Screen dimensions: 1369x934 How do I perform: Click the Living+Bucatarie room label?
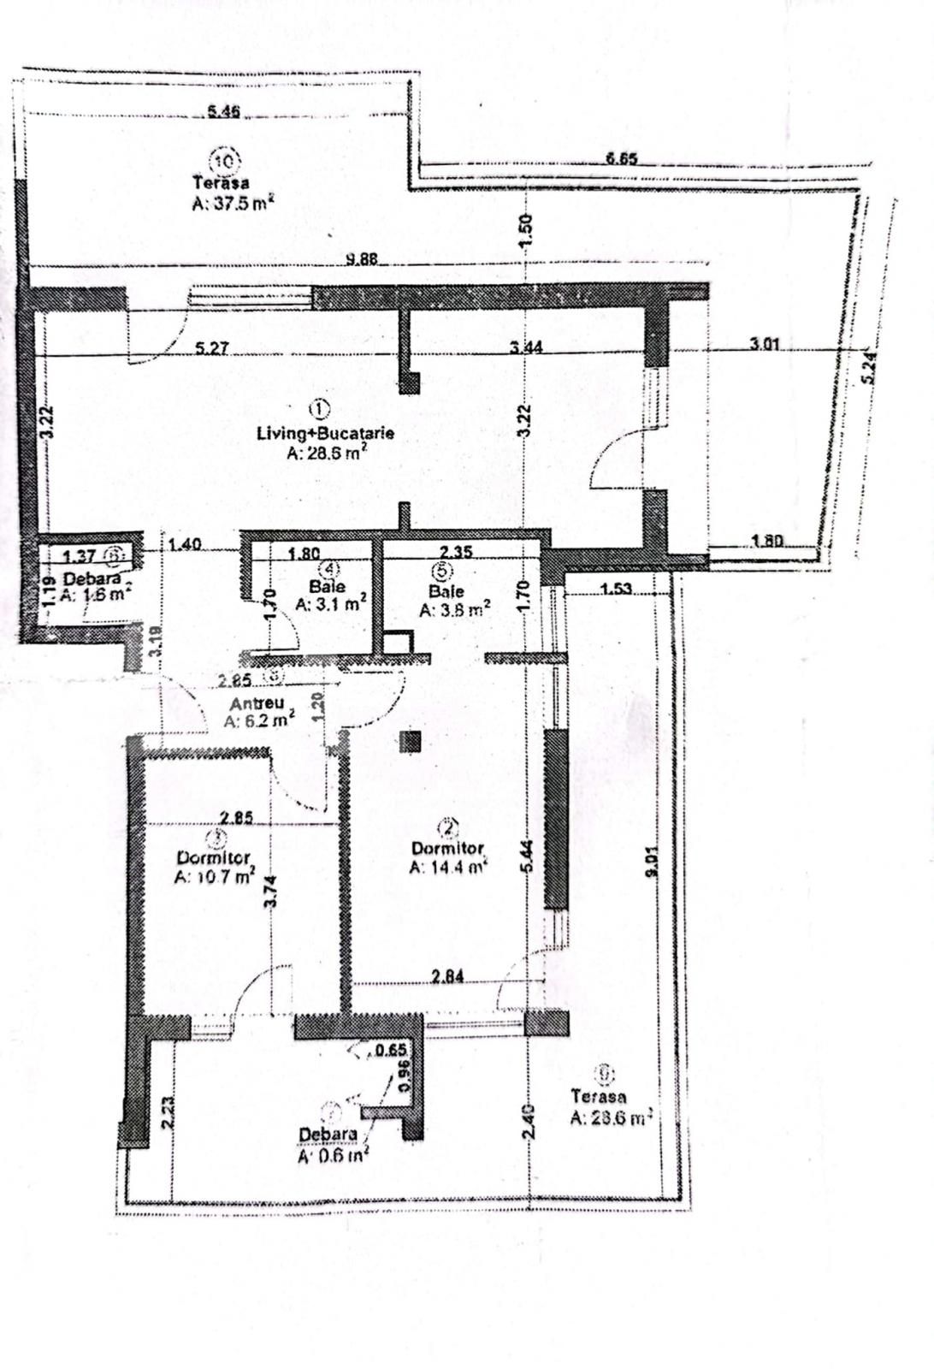325,433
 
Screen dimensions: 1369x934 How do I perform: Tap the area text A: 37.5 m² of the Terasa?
233,204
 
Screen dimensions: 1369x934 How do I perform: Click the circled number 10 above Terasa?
227,160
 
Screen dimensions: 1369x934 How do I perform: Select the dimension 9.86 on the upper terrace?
363,260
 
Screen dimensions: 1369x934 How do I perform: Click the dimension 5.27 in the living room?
211,348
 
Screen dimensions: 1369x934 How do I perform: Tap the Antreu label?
257,703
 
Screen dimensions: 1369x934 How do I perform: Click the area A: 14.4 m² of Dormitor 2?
448,867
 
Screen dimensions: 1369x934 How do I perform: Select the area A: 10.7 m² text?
214,877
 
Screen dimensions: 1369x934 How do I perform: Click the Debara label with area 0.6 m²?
328,1135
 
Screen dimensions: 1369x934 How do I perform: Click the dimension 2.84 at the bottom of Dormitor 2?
448,976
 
